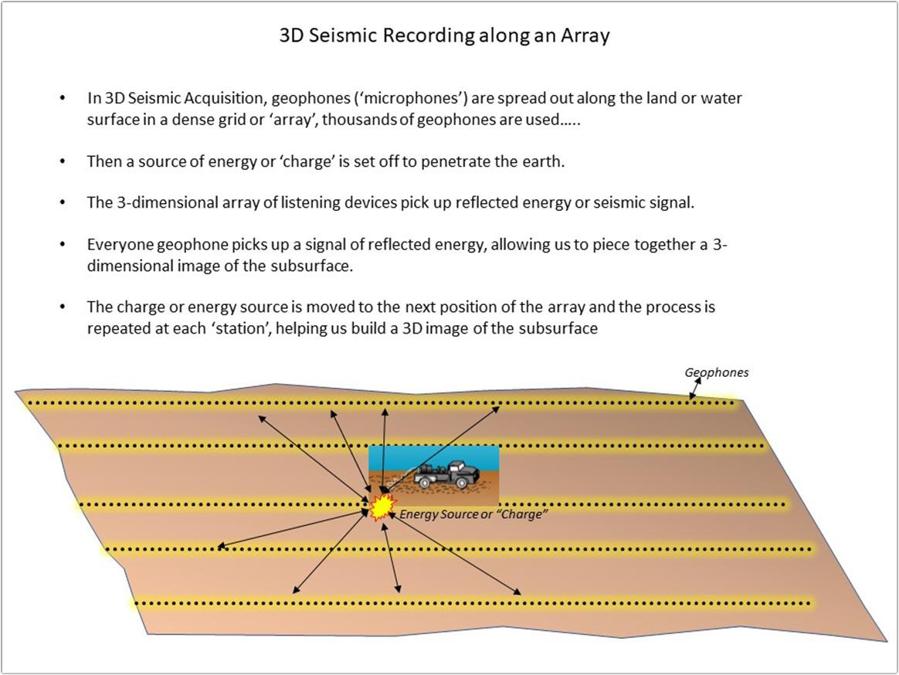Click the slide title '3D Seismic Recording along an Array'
(x=444, y=36)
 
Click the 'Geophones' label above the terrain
(x=717, y=373)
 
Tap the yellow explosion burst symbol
(x=382, y=507)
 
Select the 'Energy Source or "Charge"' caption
(x=473, y=514)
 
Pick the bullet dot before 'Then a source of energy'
(x=63, y=161)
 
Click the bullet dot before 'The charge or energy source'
(x=63, y=307)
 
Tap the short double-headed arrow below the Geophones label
(x=695, y=388)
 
